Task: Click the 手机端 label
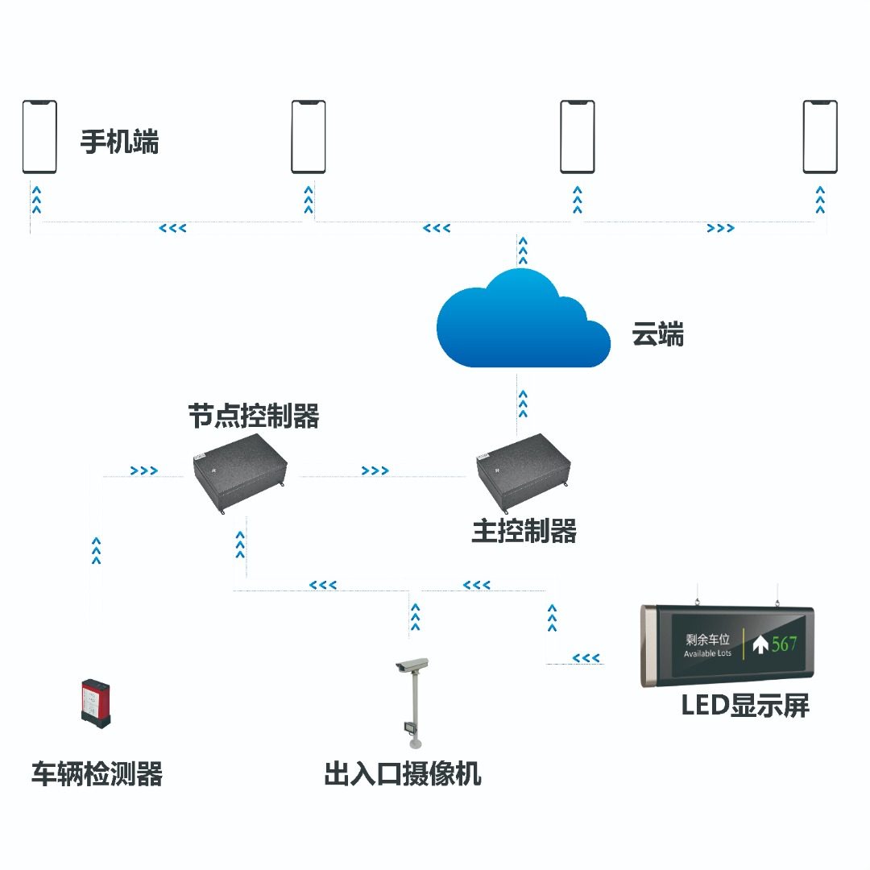click(x=119, y=143)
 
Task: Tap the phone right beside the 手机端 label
click(x=39, y=136)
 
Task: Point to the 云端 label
click(x=657, y=333)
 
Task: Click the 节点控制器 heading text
click(x=254, y=416)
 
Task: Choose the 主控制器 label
click(x=524, y=532)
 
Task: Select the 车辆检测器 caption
click(x=97, y=774)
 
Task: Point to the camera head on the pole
click(x=412, y=665)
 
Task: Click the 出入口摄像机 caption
click(x=403, y=774)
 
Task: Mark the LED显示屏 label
click(x=744, y=705)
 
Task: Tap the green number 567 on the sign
click(x=784, y=644)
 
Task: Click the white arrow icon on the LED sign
click(x=760, y=644)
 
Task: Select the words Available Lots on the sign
click(x=707, y=653)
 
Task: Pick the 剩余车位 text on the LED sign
click(x=707, y=640)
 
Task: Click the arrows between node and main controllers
click(x=375, y=470)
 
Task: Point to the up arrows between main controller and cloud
click(x=523, y=403)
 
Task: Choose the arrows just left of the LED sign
click(x=586, y=659)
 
